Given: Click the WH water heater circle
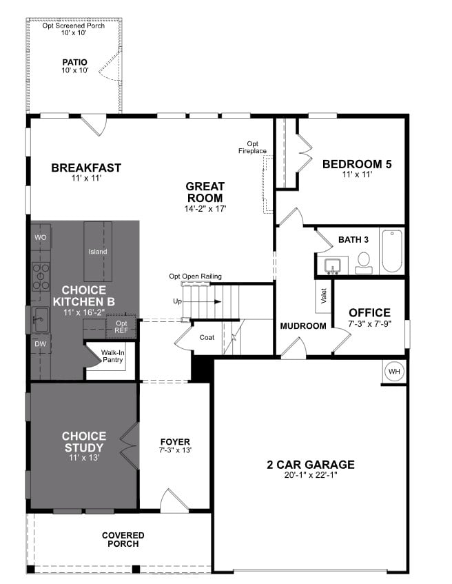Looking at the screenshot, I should [394, 372].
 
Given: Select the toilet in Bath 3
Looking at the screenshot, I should [364, 261].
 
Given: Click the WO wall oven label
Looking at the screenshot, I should [40, 237].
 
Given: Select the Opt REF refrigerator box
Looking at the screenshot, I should [121, 327].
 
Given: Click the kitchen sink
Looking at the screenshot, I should [39, 318].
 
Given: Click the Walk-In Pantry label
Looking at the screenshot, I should [112, 356].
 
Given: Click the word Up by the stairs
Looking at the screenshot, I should [177, 302].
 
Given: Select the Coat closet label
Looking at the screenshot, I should [207, 337].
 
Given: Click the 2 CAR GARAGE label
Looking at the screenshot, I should [310, 464].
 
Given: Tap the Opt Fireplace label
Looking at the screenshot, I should [252, 147].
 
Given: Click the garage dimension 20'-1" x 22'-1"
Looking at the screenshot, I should [310, 475].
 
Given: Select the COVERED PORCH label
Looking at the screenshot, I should [123, 539].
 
